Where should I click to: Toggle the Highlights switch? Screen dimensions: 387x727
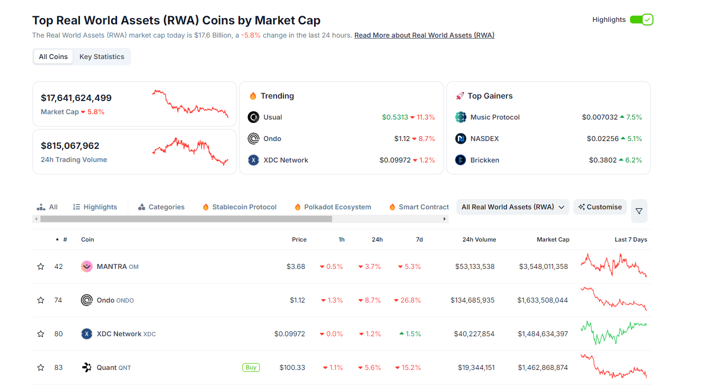click(x=641, y=20)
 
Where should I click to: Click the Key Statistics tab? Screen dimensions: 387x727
click(x=101, y=57)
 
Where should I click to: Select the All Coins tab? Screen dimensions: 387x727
click(x=53, y=57)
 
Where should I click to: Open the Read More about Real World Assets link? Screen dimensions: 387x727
click(x=424, y=35)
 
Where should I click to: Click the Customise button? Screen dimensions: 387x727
click(x=600, y=207)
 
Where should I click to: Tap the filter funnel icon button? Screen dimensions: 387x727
click(x=639, y=211)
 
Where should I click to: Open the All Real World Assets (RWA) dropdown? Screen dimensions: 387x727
click(x=512, y=207)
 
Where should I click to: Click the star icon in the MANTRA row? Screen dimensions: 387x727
click(x=41, y=266)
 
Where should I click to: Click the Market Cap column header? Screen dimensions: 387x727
click(x=553, y=240)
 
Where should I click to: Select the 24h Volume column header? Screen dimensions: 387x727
click(x=479, y=240)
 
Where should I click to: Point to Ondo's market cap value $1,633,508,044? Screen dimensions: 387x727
click(x=542, y=300)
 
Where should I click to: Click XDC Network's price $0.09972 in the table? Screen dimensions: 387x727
click(x=290, y=334)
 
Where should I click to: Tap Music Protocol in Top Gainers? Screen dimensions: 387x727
click(x=495, y=117)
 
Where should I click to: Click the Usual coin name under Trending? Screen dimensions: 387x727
click(x=273, y=117)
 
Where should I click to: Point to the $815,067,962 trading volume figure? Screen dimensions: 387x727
click(x=70, y=145)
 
